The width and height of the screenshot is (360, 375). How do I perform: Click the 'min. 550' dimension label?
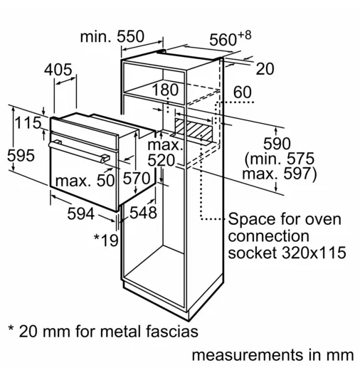tap(112, 36)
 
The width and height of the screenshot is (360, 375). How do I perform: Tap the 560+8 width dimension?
tap(231, 38)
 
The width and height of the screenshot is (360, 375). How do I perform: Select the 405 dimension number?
tap(58, 70)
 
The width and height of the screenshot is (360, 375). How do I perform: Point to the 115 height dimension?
tap(28, 122)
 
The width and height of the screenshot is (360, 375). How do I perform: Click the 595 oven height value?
tap(21, 155)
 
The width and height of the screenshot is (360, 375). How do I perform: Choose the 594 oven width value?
tap(81, 213)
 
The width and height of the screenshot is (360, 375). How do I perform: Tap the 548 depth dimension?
tap(143, 212)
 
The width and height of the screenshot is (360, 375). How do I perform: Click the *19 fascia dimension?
tap(106, 240)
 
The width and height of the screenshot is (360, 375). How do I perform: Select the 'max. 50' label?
tap(85, 181)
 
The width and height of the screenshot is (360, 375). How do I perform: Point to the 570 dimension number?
tap(137, 178)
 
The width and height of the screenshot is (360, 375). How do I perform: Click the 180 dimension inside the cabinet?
tap(165, 90)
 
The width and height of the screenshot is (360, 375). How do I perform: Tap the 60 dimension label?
tap(243, 92)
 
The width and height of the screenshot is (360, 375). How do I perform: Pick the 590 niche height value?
tap(277, 144)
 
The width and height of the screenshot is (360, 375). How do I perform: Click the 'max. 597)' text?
tap(280, 174)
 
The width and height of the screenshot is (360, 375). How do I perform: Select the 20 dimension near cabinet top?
tap(265, 69)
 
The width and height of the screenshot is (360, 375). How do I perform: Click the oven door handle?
tap(79, 151)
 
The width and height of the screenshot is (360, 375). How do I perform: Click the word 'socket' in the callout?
tap(253, 253)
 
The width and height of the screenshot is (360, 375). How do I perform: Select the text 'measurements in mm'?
tap(272, 355)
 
